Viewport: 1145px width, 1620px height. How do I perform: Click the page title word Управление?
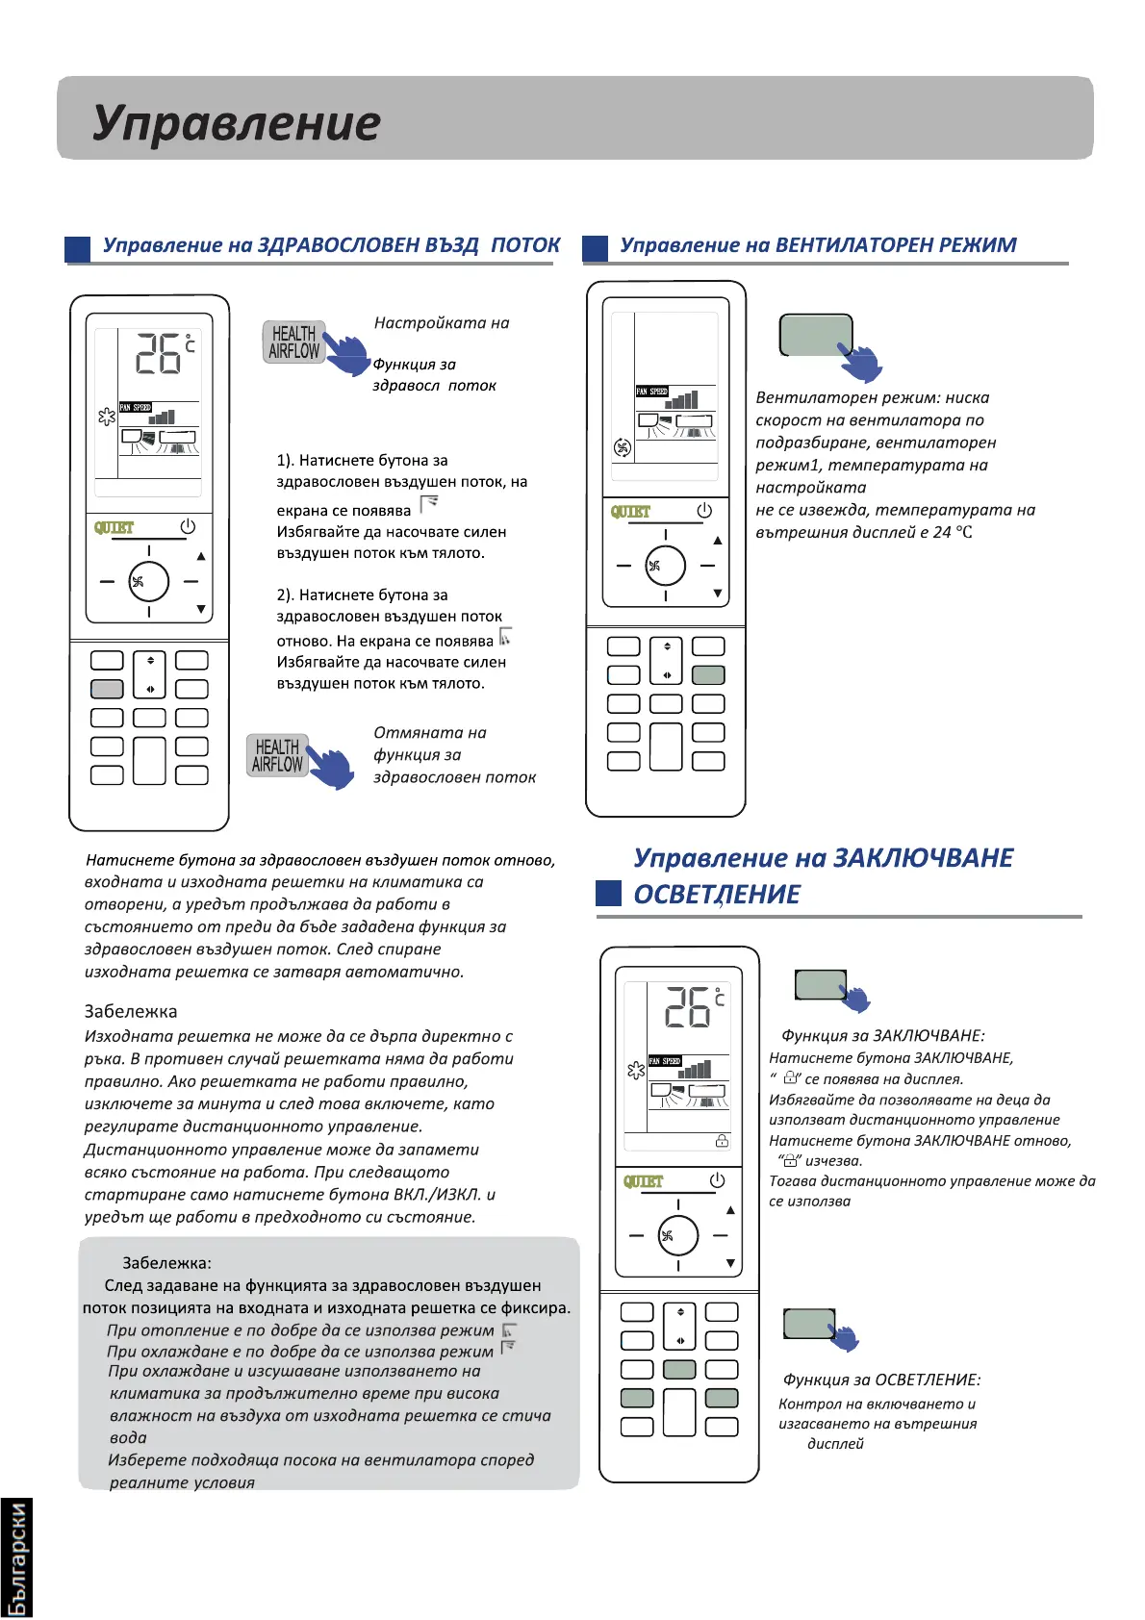click(x=237, y=123)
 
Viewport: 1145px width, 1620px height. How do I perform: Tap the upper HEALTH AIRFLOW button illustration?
click(x=294, y=342)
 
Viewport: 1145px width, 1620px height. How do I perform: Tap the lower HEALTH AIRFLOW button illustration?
click(x=277, y=755)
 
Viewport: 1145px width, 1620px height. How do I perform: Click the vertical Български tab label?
click(x=16, y=1558)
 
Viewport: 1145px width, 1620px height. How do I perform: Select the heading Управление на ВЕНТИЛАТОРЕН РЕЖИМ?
click(x=818, y=245)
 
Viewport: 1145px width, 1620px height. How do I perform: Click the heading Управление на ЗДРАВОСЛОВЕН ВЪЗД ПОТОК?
click(x=331, y=245)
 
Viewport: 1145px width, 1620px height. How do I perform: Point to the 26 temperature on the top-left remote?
click(x=158, y=354)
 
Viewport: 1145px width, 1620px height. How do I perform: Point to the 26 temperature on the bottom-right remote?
click(x=687, y=1008)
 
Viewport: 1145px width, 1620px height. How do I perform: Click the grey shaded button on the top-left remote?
click(x=107, y=689)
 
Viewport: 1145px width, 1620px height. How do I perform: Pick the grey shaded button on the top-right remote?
click(x=708, y=675)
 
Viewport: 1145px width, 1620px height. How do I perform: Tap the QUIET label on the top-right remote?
click(x=630, y=512)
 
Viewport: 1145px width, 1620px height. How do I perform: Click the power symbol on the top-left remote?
click(x=188, y=526)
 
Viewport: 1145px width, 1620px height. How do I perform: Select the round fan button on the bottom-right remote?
click(x=678, y=1235)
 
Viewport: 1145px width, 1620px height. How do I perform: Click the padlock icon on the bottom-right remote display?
click(x=722, y=1141)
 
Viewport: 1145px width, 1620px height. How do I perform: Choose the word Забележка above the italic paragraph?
click(x=131, y=1012)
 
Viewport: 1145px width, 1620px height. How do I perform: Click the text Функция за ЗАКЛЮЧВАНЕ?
click(x=882, y=1036)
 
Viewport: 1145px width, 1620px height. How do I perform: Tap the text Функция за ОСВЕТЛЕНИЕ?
click(x=881, y=1380)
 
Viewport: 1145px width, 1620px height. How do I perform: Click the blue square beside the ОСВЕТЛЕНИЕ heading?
click(x=608, y=894)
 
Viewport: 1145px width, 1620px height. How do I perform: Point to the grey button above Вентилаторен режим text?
click(x=816, y=335)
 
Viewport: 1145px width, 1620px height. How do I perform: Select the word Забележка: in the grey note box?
click(x=166, y=1263)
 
